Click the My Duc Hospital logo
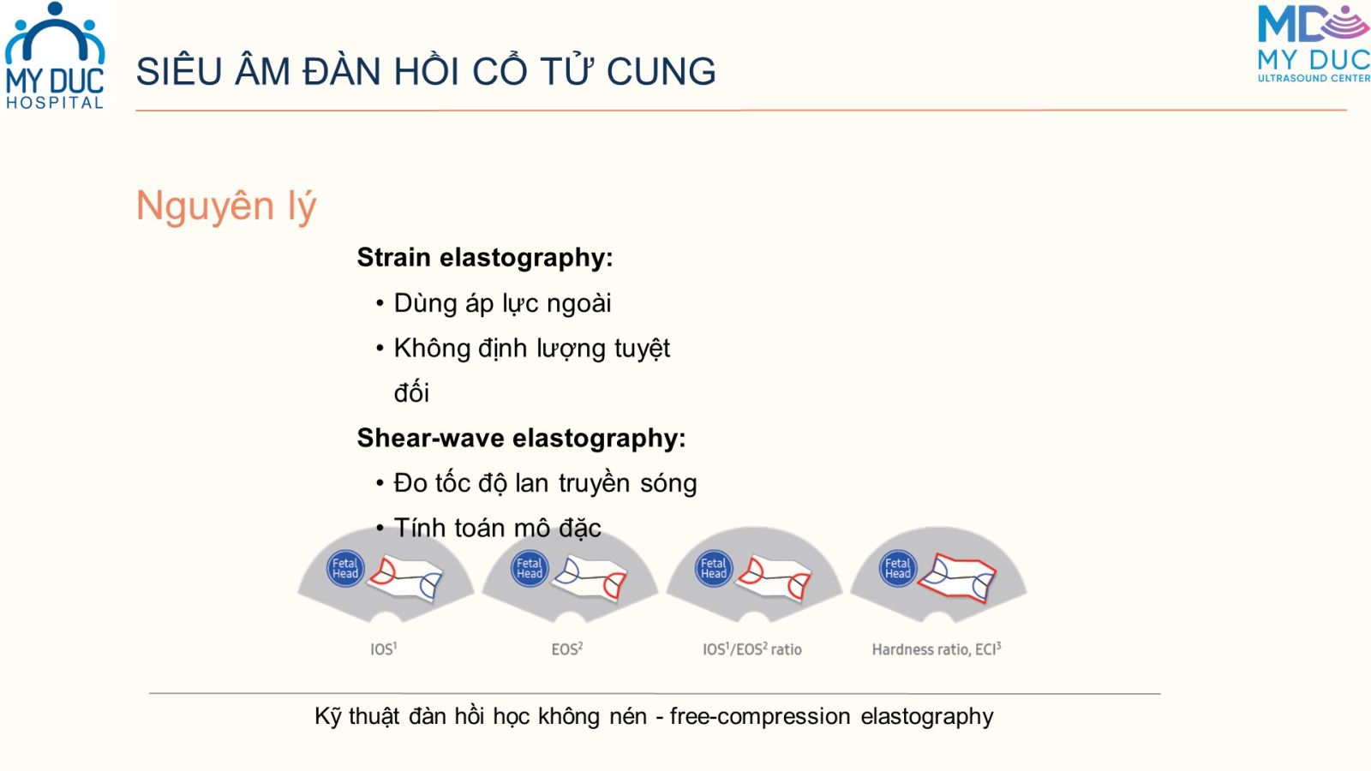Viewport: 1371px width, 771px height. pyautogui.click(x=55, y=57)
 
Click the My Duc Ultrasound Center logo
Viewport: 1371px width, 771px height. pyautogui.click(x=1314, y=44)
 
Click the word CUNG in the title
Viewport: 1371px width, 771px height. pyautogui.click(x=661, y=71)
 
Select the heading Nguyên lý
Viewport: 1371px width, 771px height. pyautogui.click(x=226, y=206)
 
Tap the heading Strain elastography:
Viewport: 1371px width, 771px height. pyautogui.click(x=485, y=258)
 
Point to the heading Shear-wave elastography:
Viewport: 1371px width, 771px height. pyautogui.click(x=522, y=438)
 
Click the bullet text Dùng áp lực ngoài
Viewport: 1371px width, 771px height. pyautogui.click(x=502, y=303)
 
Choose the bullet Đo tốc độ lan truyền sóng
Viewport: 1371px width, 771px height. pyautogui.click(x=545, y=483)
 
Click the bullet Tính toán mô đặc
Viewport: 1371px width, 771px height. pyautogui.click(x=497, y=528)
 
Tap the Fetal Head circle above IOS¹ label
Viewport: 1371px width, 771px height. pyautogui.click(x=345, y=569)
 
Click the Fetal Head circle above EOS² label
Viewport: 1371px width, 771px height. pyautogui.click(x=530, y=569)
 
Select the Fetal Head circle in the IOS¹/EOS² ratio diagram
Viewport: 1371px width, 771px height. pyautogui.click(x=714, y=569)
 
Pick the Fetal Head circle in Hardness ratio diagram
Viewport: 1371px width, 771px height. pyautogui.click(x=898, y=569)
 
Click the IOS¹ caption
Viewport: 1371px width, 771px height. pyautogui.click(x=384, y=648)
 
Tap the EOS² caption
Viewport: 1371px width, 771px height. pyautogui.click(x=566, y=648)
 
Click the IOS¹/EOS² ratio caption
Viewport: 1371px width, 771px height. pyautogui.click(x=752, y=648)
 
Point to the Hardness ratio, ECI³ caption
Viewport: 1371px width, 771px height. pyautogui.click(x=937, y=648)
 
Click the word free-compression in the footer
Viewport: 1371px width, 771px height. pyautogui.click(x=760, y=716)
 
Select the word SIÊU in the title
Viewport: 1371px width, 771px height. pyautogui.click(x=179, y=71)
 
